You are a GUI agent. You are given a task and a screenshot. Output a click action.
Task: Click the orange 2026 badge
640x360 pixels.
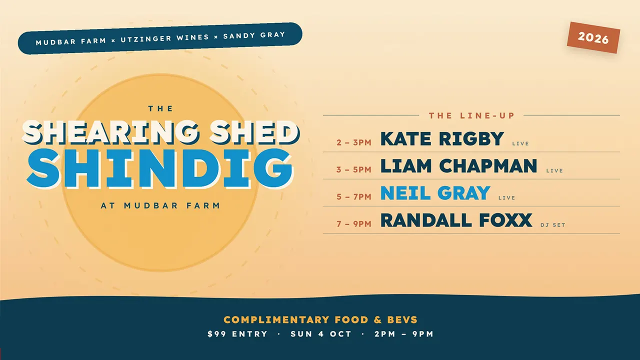coord(593,37)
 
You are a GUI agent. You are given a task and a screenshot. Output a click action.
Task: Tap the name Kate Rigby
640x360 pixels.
coord(442,139)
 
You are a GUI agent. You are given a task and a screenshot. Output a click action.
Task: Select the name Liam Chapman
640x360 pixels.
coord(459,166)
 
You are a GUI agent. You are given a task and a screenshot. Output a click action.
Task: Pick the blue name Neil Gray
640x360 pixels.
coord(435,193)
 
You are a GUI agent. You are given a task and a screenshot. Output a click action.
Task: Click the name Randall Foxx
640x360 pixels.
coord(456,220)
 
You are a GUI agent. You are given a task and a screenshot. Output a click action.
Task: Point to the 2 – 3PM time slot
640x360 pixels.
coord(353,142)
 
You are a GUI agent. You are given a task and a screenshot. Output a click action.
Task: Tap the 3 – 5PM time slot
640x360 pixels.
coord(353,169)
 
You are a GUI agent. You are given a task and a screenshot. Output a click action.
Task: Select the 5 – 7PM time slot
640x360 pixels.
coord(353,196)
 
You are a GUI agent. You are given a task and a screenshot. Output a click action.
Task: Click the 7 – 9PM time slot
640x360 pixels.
coord(353,223)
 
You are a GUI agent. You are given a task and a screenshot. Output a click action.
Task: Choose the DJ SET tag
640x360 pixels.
coord(553,225)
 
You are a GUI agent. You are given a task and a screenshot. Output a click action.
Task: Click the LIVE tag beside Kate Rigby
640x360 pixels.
coord(520,143)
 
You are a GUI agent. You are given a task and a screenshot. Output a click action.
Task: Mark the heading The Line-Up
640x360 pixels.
coord(471,115)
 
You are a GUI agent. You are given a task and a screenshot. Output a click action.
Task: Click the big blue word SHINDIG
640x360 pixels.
coord(160,168)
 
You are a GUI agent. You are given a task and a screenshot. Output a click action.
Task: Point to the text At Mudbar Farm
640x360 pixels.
coord(160,205)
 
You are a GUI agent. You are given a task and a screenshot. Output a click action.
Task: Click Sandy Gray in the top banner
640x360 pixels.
coord(254,35)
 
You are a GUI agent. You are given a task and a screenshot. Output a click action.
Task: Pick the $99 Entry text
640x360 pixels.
coord(237,334)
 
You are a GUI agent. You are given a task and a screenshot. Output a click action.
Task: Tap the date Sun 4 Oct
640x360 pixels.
coord(321,334)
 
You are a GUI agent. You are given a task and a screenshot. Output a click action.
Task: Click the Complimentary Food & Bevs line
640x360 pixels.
coord(320,319)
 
